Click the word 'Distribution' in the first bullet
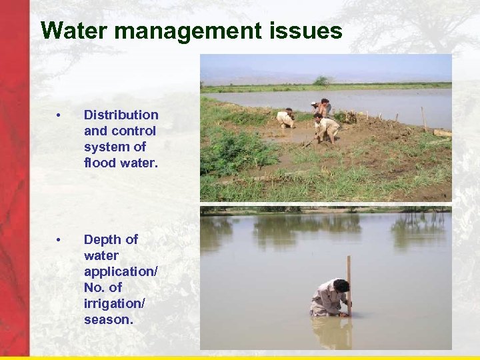point(121,115)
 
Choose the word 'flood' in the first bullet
point(99,163)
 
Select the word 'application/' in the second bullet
point(121,271)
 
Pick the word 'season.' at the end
point(109,319)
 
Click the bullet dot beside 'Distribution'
point(60,116)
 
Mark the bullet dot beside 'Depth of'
point(60,240)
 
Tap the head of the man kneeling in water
point(341,286)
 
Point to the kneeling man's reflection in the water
point(331,331)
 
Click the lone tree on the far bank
point(322,81)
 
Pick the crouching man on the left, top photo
point(287,119)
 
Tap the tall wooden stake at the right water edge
point(423,119)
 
